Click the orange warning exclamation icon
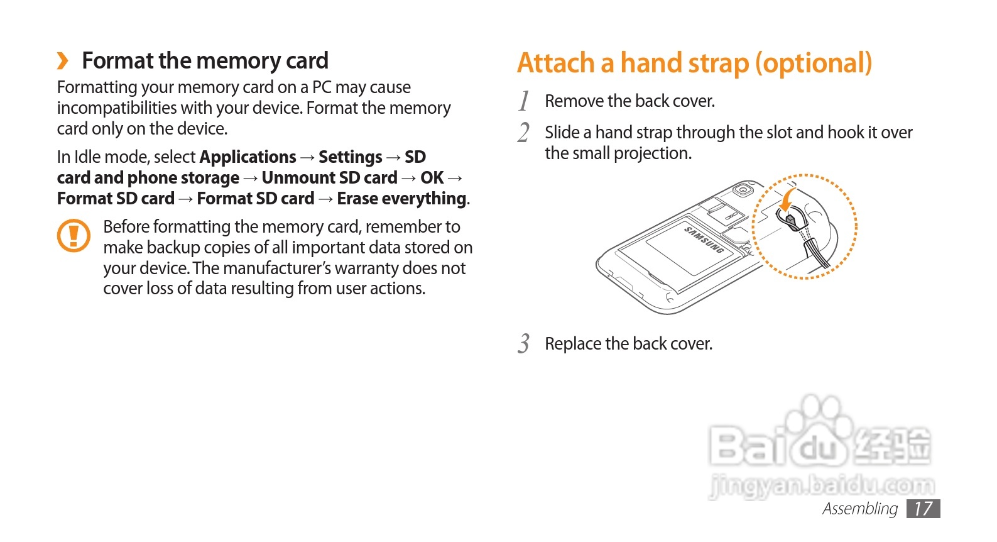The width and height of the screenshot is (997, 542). (74, 236)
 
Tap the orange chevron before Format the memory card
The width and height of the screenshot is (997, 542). (62, 61)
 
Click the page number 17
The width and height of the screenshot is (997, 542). (923, 508)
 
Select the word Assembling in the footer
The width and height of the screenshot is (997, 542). (859, 508)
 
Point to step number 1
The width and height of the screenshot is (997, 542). (524, 101)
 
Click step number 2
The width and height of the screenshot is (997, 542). (524, 133)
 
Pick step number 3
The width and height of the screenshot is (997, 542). (524, 344)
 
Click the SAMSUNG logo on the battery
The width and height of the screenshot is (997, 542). (704, 240)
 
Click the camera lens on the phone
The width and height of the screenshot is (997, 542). (744, 190)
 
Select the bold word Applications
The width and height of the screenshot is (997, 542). (248, 157)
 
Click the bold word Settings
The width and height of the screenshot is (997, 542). (350, 157)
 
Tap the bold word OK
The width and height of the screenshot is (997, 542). (432, 178)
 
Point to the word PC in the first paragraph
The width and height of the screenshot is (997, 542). (322, 87)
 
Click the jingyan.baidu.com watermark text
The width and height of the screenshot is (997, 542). (822, 485)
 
